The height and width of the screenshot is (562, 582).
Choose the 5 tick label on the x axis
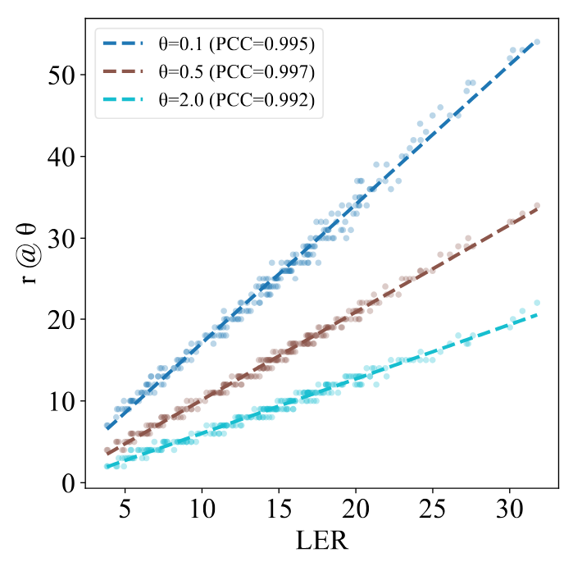click(x=125, y=508)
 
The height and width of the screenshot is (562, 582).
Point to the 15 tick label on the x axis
click(x=279, y=508)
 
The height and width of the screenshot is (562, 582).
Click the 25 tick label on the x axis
click(x=433, y=508)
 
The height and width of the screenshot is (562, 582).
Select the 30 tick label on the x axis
click(x=510, y=508)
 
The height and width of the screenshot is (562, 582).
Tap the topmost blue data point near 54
click(x=537, y=42)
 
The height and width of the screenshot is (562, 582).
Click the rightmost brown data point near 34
click(x=537, y=205)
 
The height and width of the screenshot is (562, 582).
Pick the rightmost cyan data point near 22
click(x=537, y=303)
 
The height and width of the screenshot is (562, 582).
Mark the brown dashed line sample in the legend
click(x=125, y=71)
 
